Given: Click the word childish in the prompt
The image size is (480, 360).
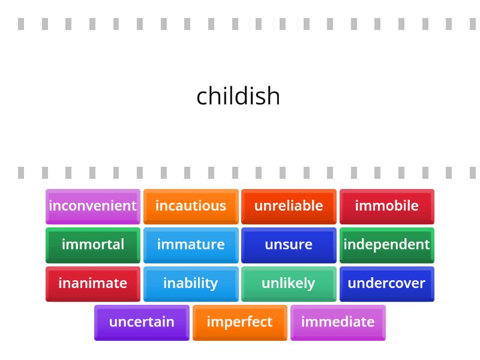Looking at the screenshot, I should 238,96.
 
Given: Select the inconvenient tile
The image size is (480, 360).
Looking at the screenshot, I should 93,206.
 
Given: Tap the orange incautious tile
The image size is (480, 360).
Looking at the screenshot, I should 191,206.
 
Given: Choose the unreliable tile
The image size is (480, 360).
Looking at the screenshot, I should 289,206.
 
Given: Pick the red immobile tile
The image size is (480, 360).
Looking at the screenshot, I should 387,206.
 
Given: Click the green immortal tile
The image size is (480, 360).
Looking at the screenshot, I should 93,245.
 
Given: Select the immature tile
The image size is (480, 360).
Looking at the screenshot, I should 191,245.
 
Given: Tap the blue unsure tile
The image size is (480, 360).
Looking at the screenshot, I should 289,245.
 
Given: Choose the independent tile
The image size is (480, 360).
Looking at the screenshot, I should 387,245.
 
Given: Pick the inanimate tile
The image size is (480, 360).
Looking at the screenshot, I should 93,283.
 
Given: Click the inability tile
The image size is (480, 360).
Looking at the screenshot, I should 191,283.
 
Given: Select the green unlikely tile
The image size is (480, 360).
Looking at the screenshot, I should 289,283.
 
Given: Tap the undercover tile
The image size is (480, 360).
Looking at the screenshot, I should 387,283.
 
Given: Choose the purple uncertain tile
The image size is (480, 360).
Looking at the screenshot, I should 142,322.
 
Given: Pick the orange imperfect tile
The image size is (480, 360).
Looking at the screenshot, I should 239,322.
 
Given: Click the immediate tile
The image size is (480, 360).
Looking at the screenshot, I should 338,322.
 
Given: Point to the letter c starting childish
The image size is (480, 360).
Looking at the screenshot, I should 202,97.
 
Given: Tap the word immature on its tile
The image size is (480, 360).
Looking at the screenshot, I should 191,244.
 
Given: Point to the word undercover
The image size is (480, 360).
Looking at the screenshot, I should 387,283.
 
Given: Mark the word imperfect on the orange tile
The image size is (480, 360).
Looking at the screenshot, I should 239,322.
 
